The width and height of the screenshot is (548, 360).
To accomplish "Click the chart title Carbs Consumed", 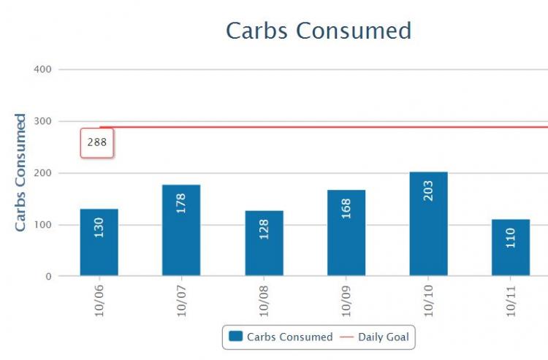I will (x=318, y=31).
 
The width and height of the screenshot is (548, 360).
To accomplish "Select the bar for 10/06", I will (x=99, y=242).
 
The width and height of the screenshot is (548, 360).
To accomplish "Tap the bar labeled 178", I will (x=181, y=230).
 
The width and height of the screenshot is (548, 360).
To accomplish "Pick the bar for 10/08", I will (x=264, y=243).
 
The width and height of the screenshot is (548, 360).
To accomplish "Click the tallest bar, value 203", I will (x=428, y=223).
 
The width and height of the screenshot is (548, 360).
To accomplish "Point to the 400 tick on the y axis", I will (x=42, y=69).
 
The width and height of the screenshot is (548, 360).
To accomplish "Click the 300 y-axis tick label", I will (x=42, y=121).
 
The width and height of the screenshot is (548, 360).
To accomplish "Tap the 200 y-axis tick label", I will (x=42, y=173).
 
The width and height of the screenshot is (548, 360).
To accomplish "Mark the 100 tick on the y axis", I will (x=42, y=225).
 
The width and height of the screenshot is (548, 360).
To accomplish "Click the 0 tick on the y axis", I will (x=47, y=277).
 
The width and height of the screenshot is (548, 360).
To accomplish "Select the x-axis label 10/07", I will (x=182, y=299).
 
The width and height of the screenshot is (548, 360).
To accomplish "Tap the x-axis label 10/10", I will (x=429, y=299).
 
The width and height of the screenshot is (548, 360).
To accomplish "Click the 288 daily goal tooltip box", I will (x=97, y=142).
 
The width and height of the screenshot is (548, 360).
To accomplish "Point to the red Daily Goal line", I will (x=329, y=127).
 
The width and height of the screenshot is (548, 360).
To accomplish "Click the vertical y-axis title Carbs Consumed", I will (x=20, y=172).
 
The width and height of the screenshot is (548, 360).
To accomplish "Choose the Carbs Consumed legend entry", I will (x=281, y=337).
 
